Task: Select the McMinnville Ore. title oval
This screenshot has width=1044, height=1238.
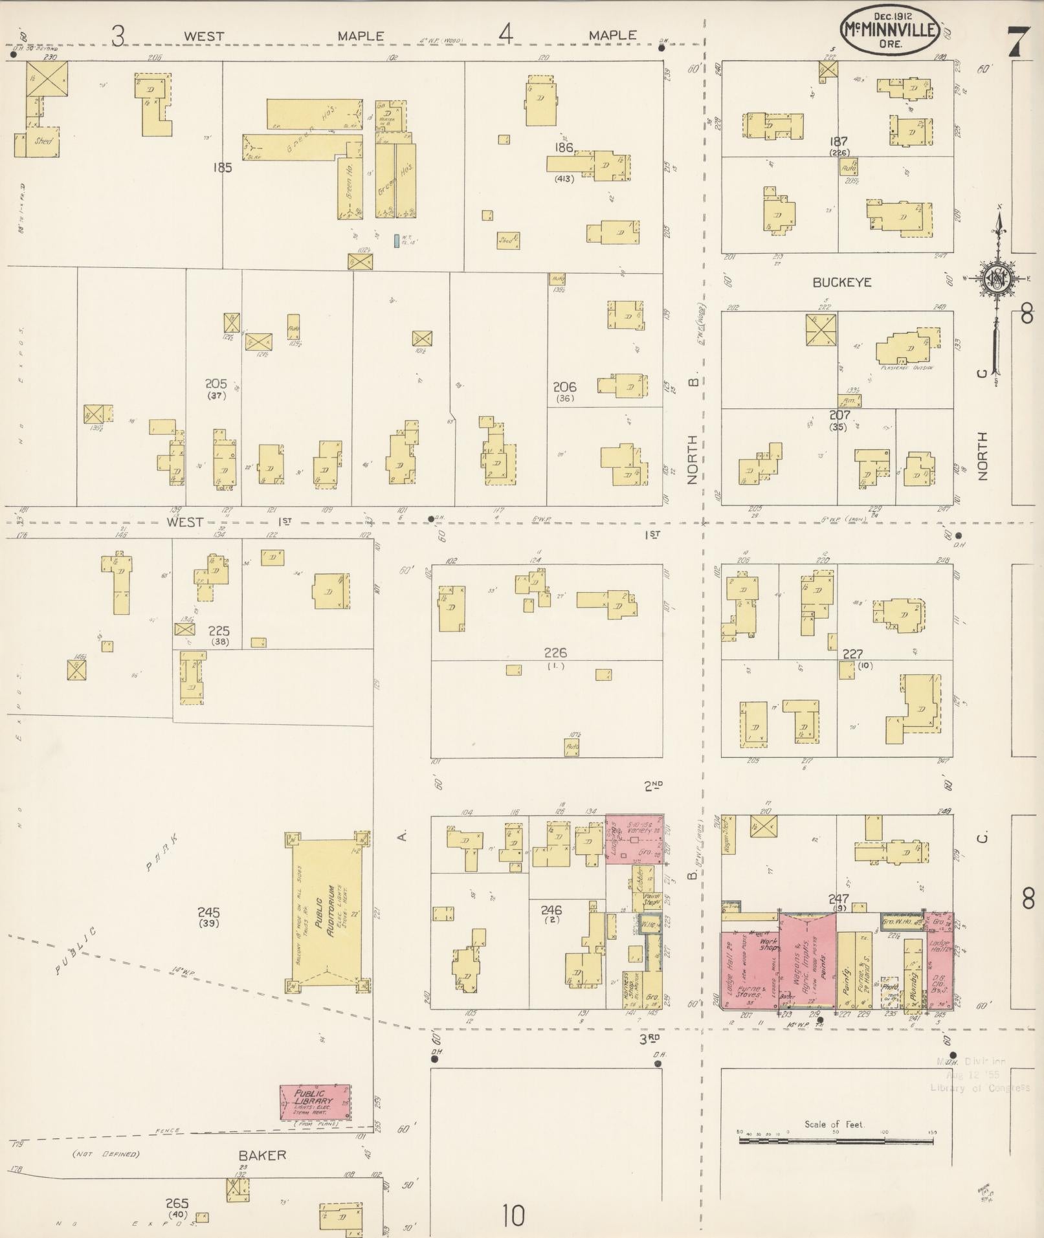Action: coord(890,29)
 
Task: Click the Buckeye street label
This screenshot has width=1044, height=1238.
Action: coord(842,283)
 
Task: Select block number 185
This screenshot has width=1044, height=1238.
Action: coord(221,168)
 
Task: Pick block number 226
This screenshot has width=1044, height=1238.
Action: coord(555,653)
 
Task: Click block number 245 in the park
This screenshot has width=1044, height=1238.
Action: coord(208,912)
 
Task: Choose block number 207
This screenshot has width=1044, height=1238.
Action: coord(839,415)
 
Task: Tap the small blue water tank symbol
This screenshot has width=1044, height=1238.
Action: coord(395,241)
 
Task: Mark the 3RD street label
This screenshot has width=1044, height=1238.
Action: coord(650,1037)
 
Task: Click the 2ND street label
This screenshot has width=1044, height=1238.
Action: coord(653,786)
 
